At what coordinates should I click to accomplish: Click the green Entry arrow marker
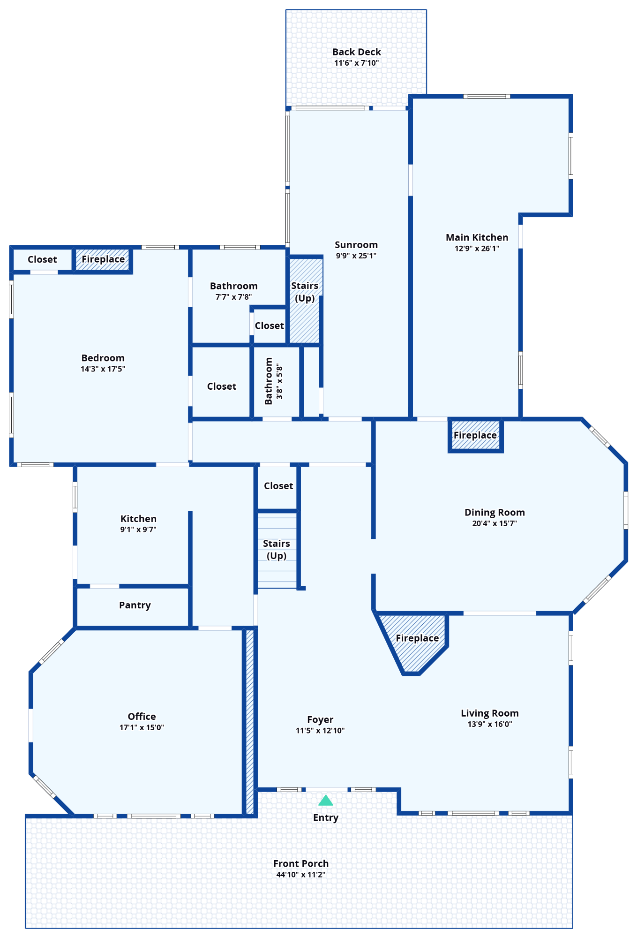(326, 801)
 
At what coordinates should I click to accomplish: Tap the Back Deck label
(356, 52)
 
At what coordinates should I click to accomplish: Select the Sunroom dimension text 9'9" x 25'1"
(356, 256)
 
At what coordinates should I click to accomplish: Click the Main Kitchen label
(477, 238)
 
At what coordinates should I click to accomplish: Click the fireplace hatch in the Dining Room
(475, 436)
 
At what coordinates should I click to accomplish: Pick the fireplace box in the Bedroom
(103, 259)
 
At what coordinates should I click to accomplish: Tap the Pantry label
(135, 605)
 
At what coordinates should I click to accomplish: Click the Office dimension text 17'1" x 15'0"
(142, 727)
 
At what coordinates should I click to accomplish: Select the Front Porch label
(301, 863)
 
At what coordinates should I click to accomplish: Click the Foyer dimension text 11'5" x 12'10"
(320, 730)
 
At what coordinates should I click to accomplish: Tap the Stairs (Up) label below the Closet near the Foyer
(277, 550)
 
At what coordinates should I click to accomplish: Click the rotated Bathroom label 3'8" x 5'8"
(274, 381)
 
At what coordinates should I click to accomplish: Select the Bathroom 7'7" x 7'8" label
(233, 286)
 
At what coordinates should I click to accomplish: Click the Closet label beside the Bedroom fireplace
(42, 259)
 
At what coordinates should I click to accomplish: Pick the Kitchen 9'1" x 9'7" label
(138, 519)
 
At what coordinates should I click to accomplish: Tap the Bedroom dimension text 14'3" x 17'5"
(103, 369)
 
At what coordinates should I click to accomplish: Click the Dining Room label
(495, 513)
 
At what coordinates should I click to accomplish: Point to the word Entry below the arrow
(326, 817)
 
